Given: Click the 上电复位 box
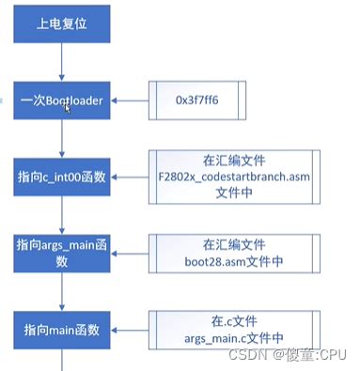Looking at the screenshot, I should coord(61,23).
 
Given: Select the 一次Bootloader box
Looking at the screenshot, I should coord(62,100).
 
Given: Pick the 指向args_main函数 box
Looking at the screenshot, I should coord(62,252).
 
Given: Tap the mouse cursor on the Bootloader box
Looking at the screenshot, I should coord(67,108).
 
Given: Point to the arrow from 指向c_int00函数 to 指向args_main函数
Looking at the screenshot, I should coord(62,215).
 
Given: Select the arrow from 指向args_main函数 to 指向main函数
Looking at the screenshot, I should coord(62,291).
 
